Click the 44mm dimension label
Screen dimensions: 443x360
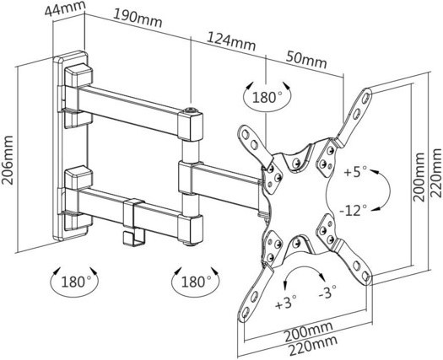tap(65, 8)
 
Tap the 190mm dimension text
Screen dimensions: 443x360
tap(138, 18)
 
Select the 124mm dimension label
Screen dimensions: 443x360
tap(232, 41)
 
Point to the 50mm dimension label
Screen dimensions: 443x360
tap(306, 60)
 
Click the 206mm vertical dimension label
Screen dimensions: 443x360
tap(7, 160)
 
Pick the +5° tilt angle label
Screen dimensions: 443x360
tap(355, 172)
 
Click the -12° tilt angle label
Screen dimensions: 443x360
tap(354, 211)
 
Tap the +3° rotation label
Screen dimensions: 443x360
tap(286, 304)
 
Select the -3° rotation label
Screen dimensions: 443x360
tap(327, 292)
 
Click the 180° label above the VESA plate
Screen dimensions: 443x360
tap(267, 98)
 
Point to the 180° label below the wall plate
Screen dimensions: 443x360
tap(76, 282)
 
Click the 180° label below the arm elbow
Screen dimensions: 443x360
tap(196, 282)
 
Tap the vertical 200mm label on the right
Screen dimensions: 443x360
tap(419, 177)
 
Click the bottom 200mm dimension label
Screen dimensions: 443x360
tap(308, 331)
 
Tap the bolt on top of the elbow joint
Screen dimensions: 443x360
tap(190, 110)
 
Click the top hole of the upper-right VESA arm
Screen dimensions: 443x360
tap(366, 97)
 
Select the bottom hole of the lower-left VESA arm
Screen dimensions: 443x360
tap(246, 313)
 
